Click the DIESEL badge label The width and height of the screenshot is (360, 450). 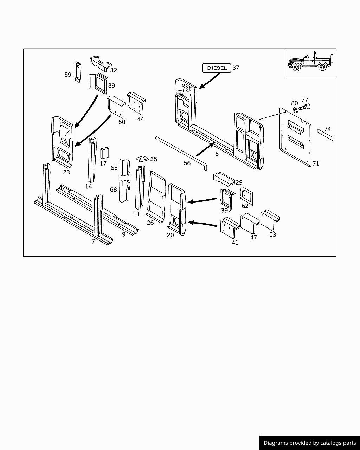[217, 68]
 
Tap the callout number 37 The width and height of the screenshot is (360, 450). [236, 68]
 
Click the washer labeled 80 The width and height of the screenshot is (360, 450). [295, 109]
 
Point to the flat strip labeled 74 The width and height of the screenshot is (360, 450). [325, 135]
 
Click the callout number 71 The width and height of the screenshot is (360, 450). [316, 163]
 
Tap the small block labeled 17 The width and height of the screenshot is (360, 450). [105, 153]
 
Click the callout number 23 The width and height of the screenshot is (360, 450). [66, 172]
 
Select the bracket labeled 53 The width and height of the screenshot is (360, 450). [270, 220]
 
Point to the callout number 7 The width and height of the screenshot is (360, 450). [93, 241]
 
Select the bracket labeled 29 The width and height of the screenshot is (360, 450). [224, 179]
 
